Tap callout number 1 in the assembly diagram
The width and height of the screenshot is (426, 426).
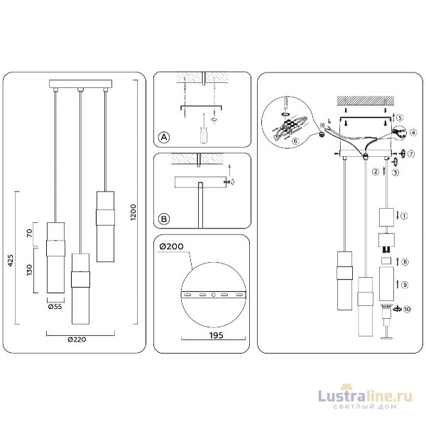click(404, 215)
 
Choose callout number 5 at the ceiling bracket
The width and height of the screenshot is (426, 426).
click(400, 118)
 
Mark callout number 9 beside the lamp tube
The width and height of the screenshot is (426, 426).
click(404, 285)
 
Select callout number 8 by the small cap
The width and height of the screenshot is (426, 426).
click(404, 262)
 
